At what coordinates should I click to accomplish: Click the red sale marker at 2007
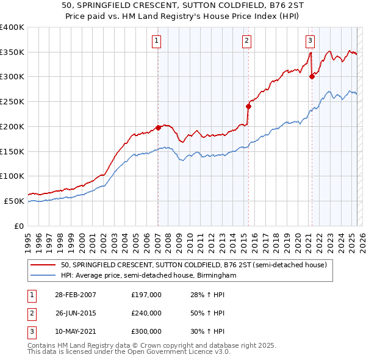[x=158, y=128]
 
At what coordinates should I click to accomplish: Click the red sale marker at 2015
[x=248, y=106]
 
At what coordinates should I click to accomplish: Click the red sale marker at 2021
[x=312, y=76]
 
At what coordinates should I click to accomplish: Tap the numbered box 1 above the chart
[x=157, y=41]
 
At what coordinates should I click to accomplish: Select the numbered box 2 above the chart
[x=246, y=41]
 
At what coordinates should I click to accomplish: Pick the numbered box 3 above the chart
[x=310, y=41]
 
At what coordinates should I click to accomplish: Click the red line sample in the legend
[x=43, y=265]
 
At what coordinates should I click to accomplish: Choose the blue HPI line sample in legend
[x=43, y=275]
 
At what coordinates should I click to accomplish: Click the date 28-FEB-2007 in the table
[x=76, y=295]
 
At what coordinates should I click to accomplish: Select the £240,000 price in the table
[x=146, y=313]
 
